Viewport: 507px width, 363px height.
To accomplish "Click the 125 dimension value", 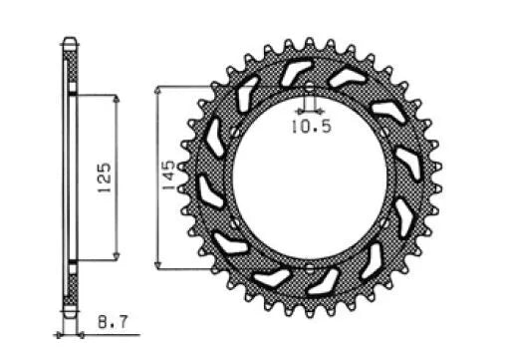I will click(106, 180).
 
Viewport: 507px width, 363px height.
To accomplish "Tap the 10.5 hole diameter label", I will click(308, 126).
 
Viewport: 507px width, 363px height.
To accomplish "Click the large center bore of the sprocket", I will click(309, 180).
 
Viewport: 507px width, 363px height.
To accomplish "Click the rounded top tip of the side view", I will click(69, 41).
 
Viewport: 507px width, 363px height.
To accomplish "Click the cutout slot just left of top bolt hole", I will click(295, 73).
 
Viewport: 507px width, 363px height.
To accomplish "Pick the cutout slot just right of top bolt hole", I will click(342, 80).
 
